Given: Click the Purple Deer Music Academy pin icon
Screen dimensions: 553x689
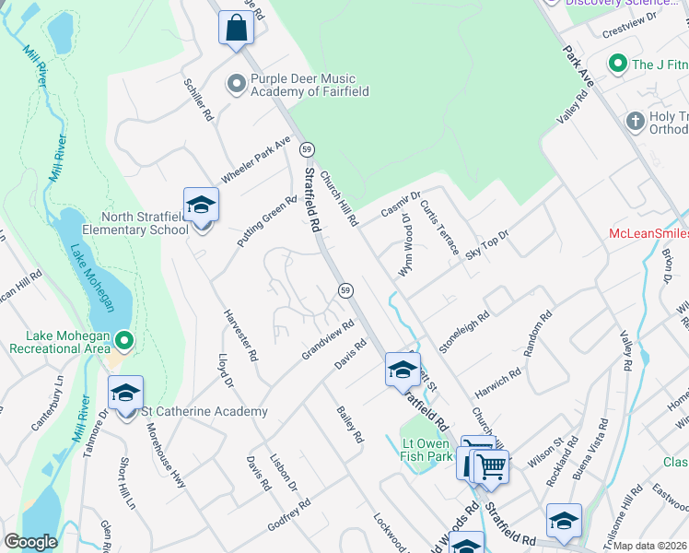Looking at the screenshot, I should click(x=237, y=84).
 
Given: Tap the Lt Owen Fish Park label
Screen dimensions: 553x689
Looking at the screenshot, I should click(x=427, y=449).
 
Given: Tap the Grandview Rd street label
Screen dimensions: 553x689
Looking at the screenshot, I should click(x=327, y=340).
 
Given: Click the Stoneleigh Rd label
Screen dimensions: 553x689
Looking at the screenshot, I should click(x=464, y=332).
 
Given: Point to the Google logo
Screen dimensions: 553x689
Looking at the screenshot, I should click(x=30, y=541).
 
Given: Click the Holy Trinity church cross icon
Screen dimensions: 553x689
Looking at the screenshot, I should click(x=633, y=121).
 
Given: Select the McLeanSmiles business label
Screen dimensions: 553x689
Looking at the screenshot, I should click(x=648, y=234).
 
